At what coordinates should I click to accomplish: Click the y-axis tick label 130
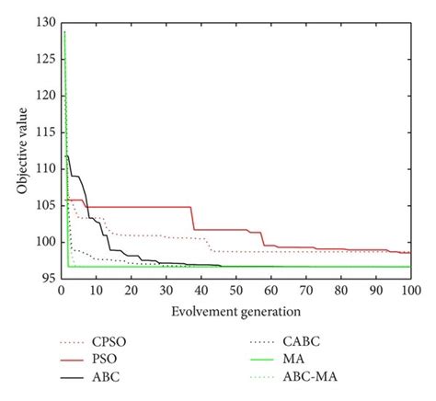coord(45,21)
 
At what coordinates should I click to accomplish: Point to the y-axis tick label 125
coord(45,58)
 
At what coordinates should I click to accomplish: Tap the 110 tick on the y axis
coord(45,168)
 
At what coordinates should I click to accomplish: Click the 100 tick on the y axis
coord(45,242)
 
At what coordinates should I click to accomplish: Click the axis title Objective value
coord(21,149)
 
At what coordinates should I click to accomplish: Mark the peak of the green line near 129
coord(63,31)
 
